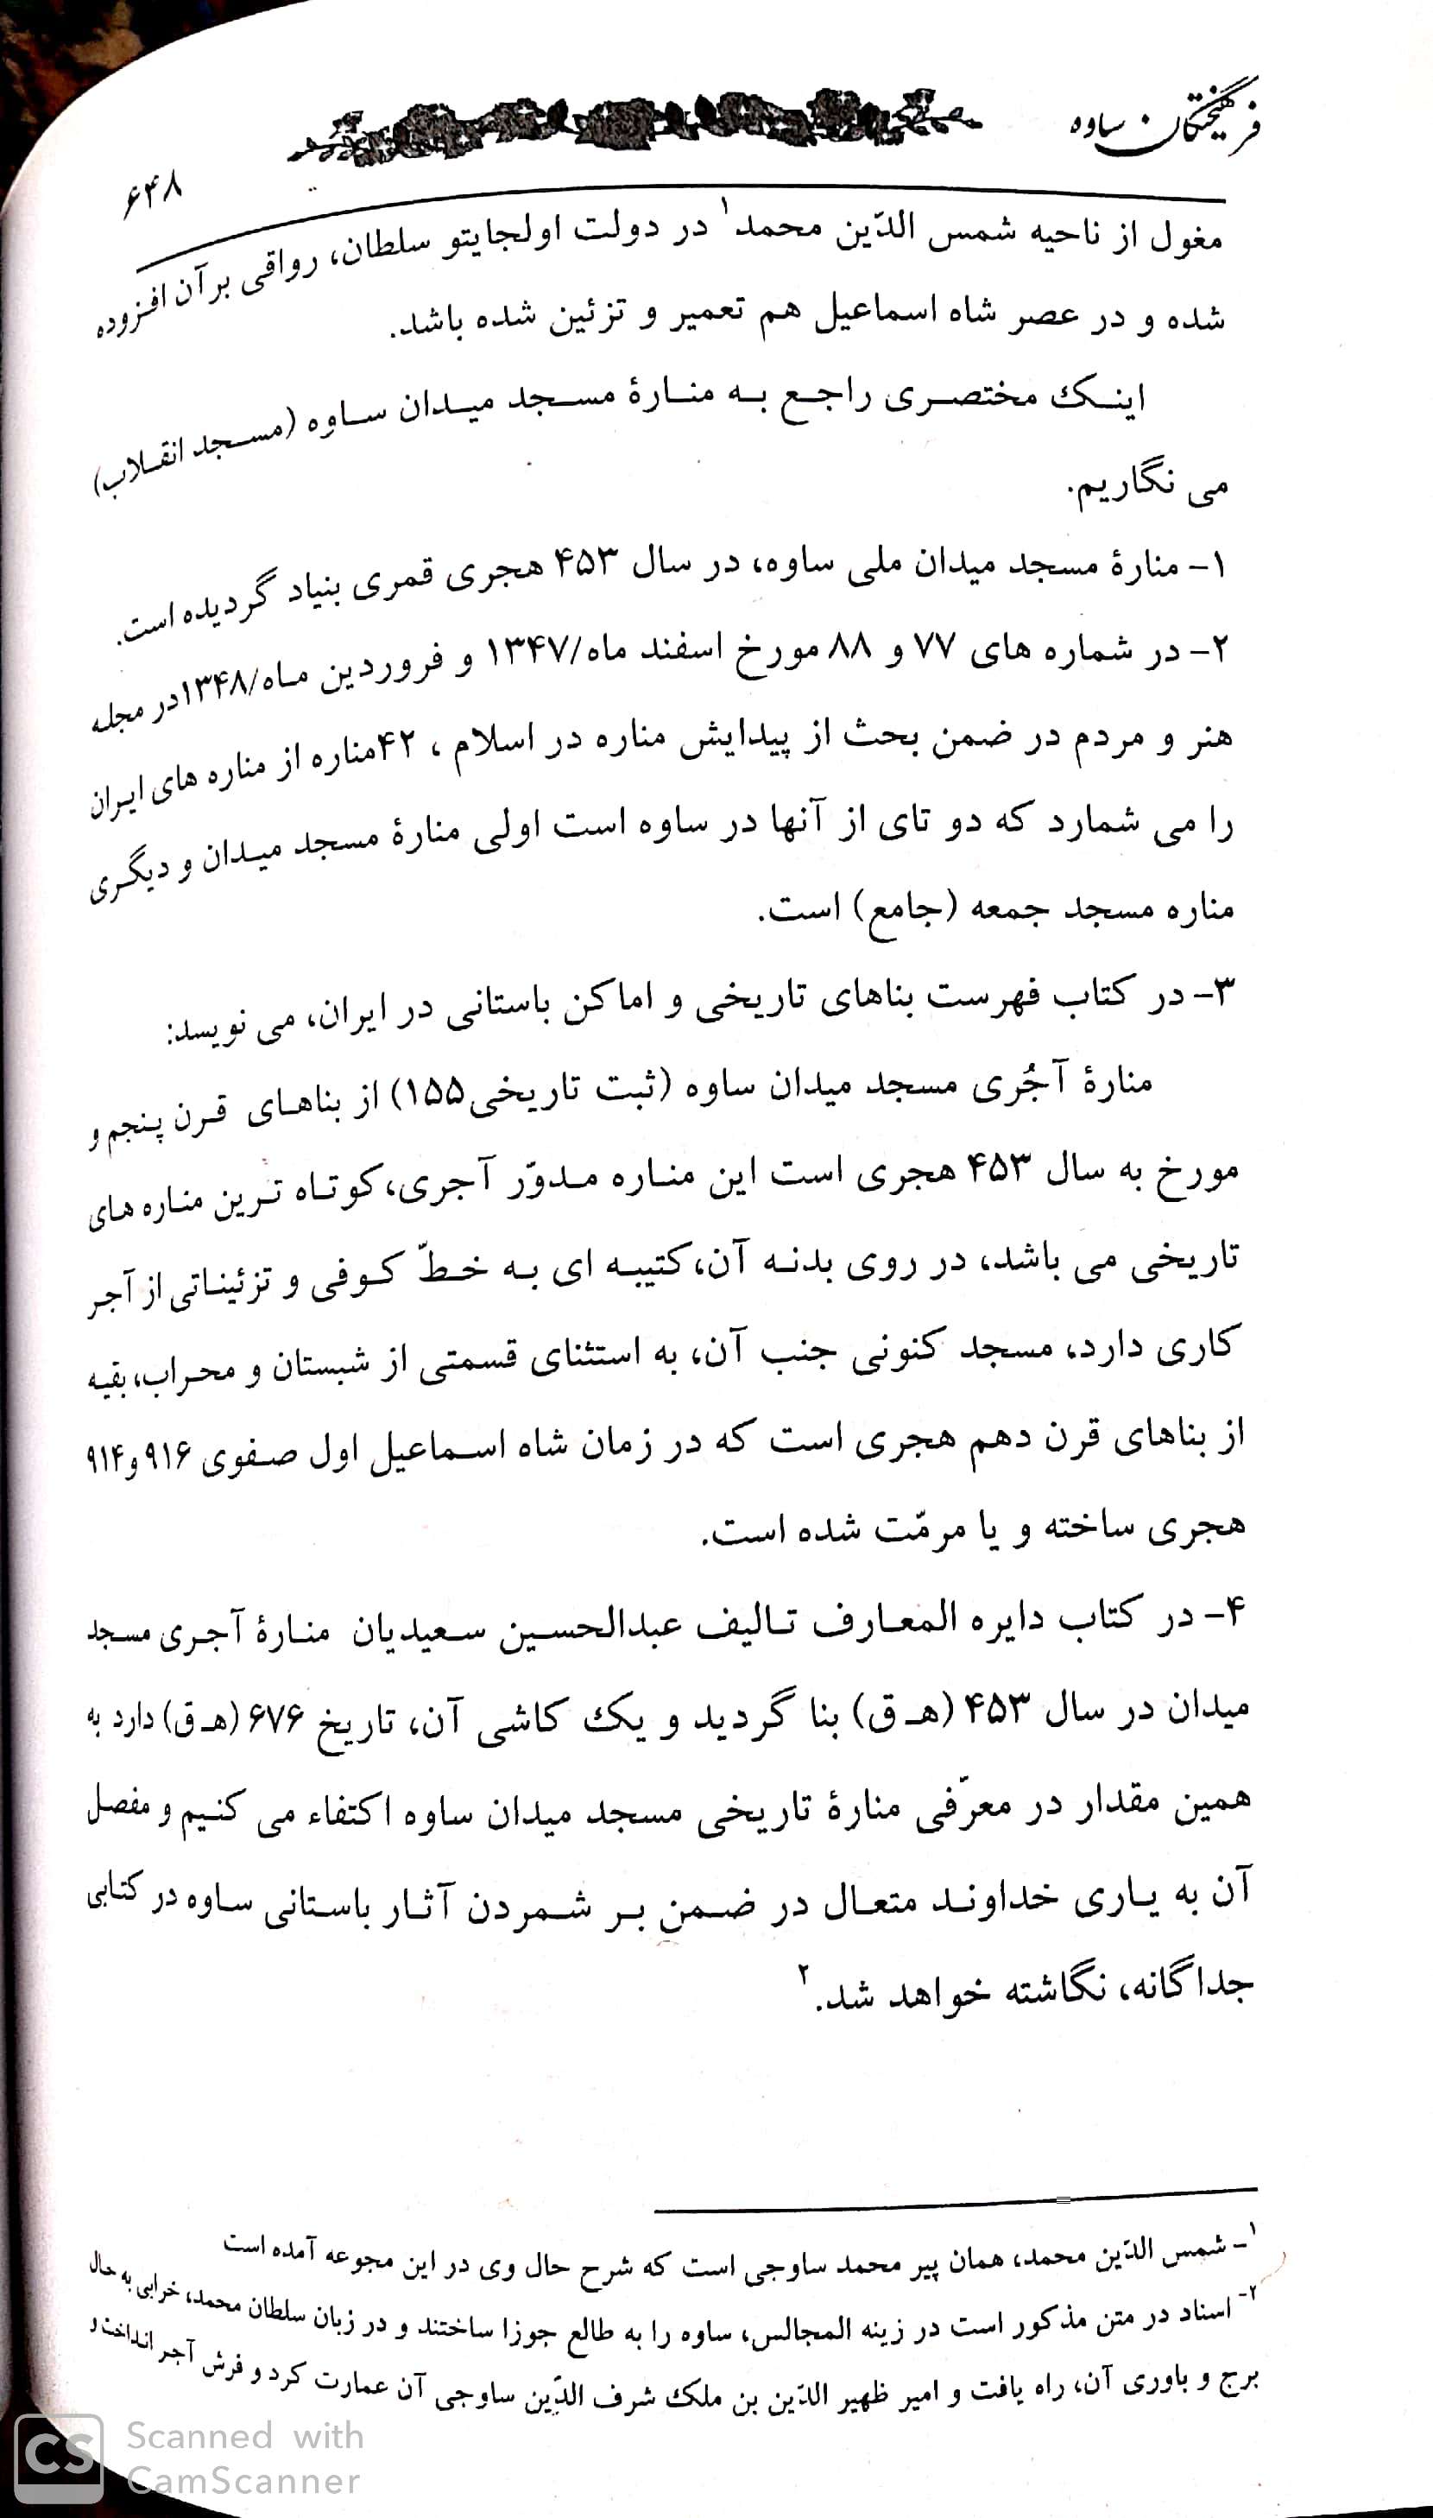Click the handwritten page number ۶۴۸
(154, 196)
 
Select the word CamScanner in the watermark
(244, 2478)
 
